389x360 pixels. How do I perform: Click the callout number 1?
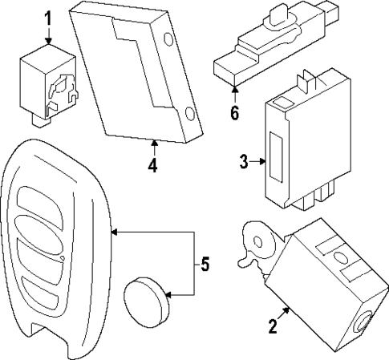[47, 17]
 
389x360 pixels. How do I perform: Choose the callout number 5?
[205, 264]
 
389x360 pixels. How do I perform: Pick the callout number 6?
[234, 112]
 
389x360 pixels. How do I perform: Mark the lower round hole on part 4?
[188, 114]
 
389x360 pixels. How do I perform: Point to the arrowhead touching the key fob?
[114, 233]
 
